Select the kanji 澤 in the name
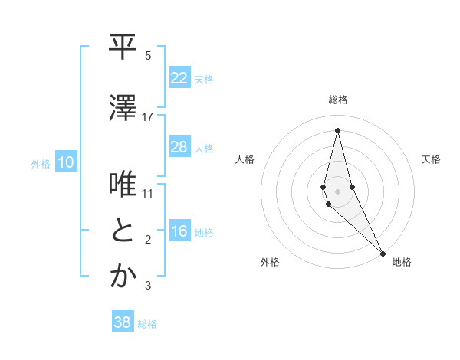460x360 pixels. pos(123,107)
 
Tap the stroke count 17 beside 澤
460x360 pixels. pos(148,117)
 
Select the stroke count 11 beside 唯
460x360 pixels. pos(148,194)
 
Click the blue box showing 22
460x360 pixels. pos(179,78)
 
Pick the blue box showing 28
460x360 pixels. pos(179,147)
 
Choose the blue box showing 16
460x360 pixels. pos(179,232)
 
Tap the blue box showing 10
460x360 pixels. pos(66,162)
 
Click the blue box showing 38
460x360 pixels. pos(122,322)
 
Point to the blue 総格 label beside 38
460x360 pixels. pos(147,324)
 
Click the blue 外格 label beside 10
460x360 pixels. pos(41,164)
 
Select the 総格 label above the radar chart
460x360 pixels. pos(338,100)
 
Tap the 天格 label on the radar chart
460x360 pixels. pos(432,159)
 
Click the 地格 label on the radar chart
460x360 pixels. pos(402,262)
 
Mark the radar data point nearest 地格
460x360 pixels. pos(383,252)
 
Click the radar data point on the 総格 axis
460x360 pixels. pos(337,130)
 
